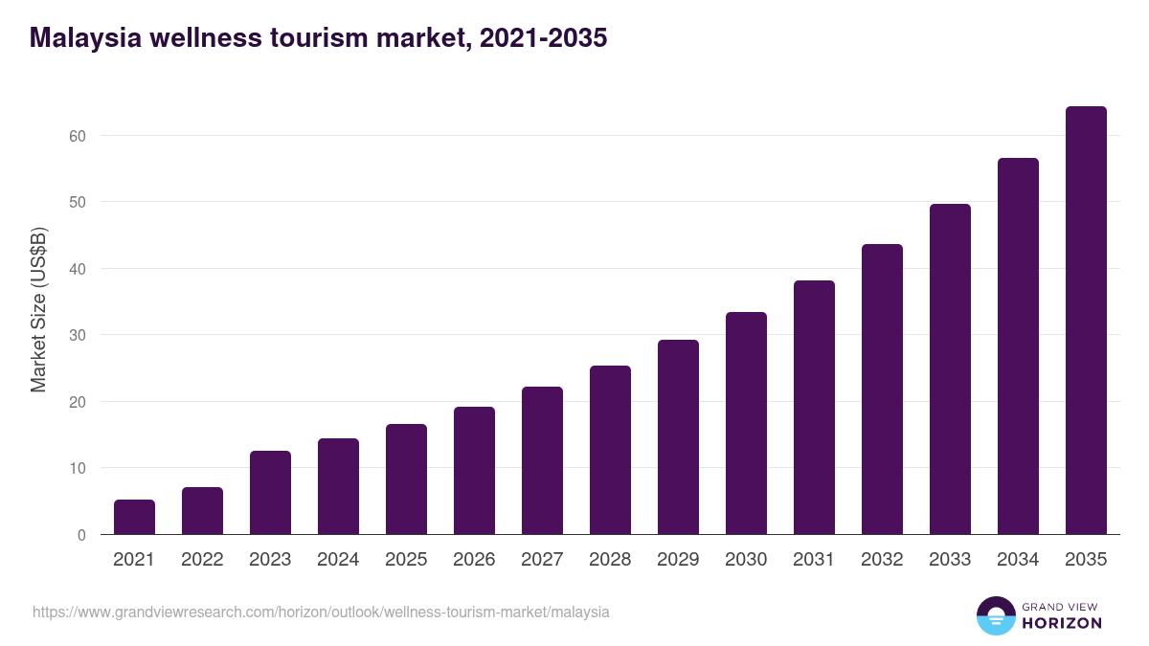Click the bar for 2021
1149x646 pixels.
point(134,517)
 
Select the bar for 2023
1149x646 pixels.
point(270,493)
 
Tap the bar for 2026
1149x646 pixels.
point(474,471)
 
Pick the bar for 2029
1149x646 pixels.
point(678,437)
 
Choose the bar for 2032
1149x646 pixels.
point(882,390)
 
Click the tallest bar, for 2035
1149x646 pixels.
point(1086,321)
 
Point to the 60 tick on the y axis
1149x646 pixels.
point(78,136)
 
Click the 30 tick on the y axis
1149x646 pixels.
point(78,336)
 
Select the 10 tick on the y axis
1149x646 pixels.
point(78,469)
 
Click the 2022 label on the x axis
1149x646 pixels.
point(202,560)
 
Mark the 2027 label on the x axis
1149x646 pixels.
point(542,560)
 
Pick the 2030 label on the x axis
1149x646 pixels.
point(746,560)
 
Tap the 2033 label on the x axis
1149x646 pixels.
point(950,560)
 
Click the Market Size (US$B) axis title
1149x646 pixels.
point(38,309)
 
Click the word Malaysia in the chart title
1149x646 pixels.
point(84,38)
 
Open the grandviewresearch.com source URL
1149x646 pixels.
point(321,612)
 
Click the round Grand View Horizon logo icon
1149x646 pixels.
point(995,615)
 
